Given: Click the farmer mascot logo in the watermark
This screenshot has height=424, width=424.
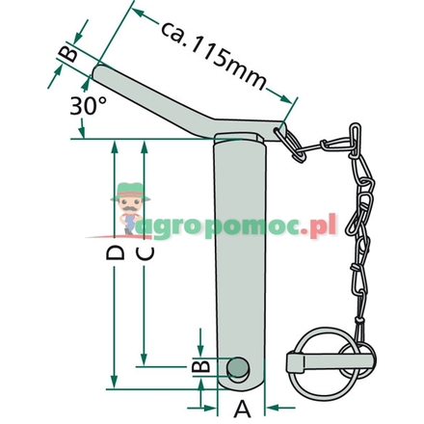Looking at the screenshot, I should click(126, 207).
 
